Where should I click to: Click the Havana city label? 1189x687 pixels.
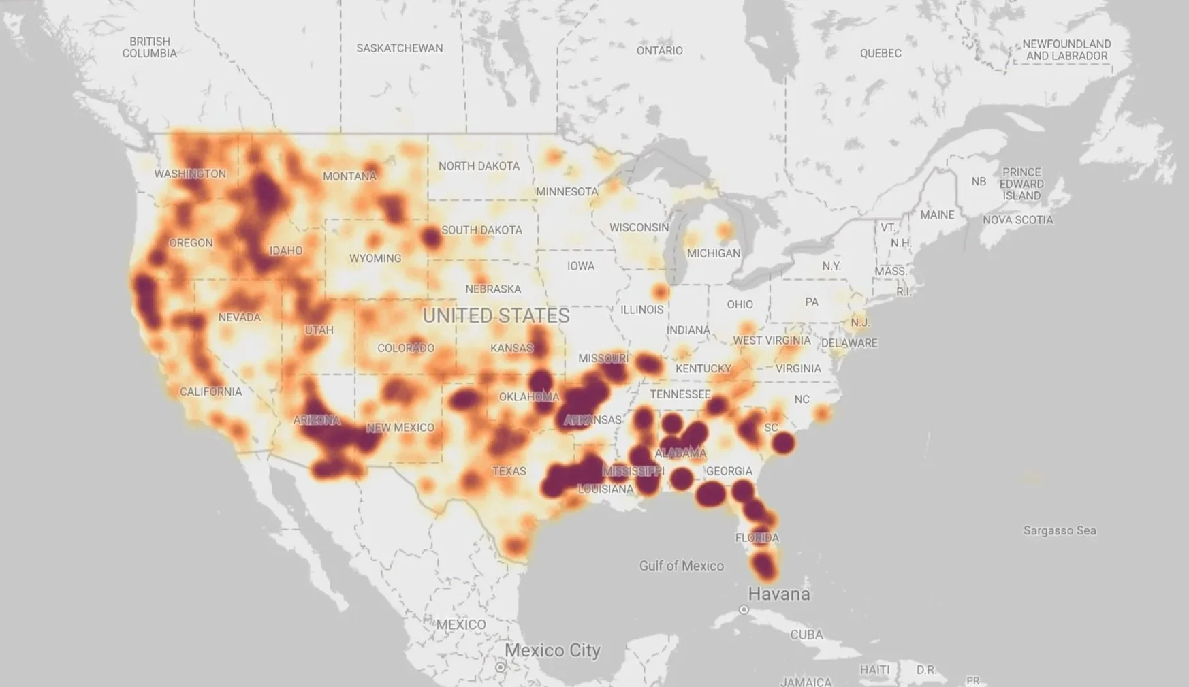(779, 594)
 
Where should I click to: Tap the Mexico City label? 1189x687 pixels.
(552, 650)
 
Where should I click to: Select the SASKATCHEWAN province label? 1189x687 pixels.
(400, 48)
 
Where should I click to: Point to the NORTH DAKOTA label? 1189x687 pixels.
(479, 166)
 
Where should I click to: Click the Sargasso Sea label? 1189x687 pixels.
(1060, 530)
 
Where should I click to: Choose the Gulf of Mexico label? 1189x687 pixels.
(681, 566)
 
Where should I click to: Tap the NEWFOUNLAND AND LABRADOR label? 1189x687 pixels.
(1066, 50)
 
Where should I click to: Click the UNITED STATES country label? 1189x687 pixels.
(496, 316)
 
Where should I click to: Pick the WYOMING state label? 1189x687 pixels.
(375, 259)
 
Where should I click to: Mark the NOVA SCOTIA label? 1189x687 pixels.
(1017, 220)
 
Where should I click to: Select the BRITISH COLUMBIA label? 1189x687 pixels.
(149, 48)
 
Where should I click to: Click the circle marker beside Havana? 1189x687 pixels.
(744, 610)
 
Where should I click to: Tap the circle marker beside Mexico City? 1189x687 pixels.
(501, 667)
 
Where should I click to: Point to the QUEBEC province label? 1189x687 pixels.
(881, 53)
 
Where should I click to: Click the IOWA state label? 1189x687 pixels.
(581, 266)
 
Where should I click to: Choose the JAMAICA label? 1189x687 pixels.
(806, 681)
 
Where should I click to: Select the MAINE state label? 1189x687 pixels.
(937, 215)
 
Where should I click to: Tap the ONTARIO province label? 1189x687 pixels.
(659, 50)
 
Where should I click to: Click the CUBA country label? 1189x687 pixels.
(806, 635)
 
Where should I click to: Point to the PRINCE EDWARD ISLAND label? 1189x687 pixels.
(1021, 184)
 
